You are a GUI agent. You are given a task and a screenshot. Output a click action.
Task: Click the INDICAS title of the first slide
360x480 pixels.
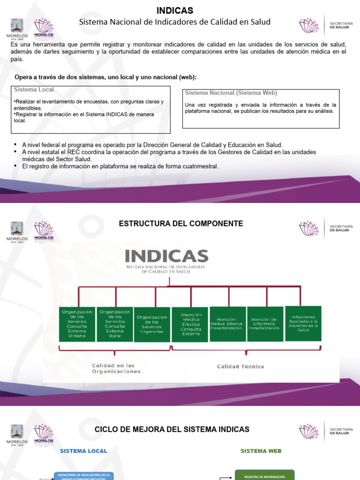[174, 11]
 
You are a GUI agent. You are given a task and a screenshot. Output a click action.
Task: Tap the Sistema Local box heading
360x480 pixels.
[34, 90]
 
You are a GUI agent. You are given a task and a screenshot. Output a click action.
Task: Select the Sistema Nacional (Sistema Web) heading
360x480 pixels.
[231, 93]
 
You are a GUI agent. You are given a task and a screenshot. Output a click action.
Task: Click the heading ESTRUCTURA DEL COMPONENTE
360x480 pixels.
[181, 224]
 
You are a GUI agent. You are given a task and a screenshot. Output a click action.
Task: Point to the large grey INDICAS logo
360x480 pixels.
[166, 256]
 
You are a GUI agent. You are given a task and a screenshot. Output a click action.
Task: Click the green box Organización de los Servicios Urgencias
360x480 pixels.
[152, 324]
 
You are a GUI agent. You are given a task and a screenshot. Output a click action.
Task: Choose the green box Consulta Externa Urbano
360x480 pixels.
[77, 324]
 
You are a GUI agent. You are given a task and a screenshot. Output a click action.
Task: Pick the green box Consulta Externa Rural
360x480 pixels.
[114, 324]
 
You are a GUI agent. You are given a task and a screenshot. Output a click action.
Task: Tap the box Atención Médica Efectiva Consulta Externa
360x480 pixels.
[190, 324]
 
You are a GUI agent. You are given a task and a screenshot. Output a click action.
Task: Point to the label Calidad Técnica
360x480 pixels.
[240, 367]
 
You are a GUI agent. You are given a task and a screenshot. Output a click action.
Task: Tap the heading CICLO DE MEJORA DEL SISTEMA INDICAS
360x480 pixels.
[172, 429]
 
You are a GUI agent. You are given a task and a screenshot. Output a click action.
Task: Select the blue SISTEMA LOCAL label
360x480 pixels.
[83, 451]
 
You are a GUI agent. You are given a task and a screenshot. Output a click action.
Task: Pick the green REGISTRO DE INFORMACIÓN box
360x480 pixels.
[264, 476]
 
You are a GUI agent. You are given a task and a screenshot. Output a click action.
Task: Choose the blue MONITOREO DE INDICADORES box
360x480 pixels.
[84, 476]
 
